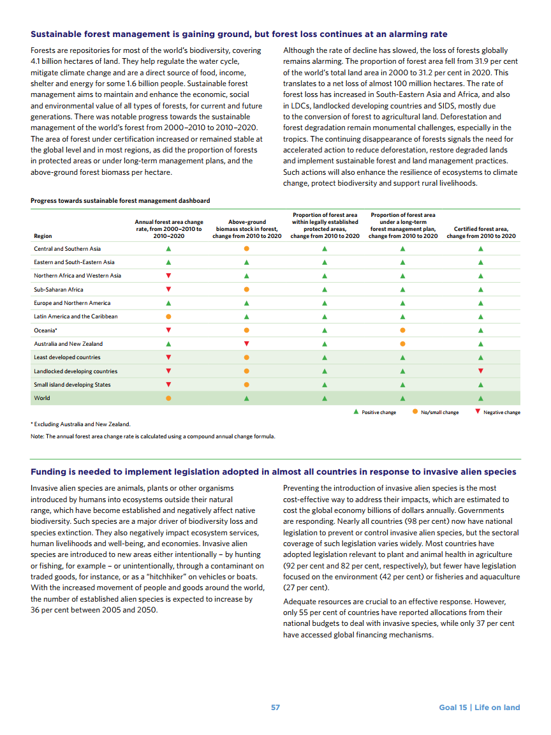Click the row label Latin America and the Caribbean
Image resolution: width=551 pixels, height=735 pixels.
coord(76,316)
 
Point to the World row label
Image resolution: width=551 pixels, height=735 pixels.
coord(42,398)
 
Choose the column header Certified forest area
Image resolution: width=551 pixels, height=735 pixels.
coord(481,232)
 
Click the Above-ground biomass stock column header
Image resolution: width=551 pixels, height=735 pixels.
coord(247,229)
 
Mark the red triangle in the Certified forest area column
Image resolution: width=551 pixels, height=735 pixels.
coord(481,371)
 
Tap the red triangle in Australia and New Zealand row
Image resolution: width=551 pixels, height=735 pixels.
coord(247,344)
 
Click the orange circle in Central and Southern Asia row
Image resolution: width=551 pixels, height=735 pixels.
coord(247,249)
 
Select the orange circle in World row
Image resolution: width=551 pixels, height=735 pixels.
coord(168,398)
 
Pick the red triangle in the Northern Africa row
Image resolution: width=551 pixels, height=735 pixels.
coord(168,276)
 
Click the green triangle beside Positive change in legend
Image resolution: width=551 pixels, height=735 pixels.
coord(356,412)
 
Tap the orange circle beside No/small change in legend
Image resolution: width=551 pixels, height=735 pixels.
coord(415,412)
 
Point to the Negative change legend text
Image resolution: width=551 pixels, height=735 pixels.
coord(501,413)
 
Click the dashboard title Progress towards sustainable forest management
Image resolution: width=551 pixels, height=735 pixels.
coord(120,201)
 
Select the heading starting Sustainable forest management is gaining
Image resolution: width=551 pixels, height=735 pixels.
coord(239,34)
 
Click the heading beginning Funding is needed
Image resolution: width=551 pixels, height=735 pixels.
coord(274,472)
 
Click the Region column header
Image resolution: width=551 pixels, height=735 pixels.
coord(43,236)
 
